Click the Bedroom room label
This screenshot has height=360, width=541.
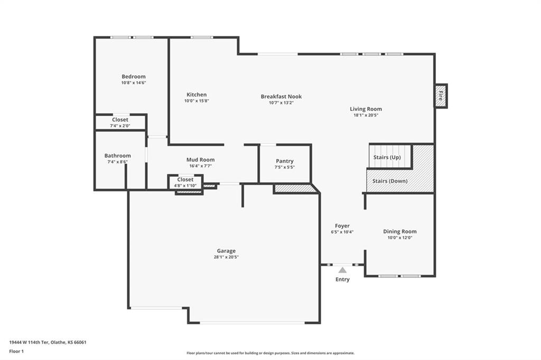pos(133,77)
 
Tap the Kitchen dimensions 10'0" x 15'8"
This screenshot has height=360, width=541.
pos(197,101)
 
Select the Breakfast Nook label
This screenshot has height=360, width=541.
pos(281,97)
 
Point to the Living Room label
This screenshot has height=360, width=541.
pos(366,109)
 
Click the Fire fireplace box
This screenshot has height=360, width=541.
pos(441,96)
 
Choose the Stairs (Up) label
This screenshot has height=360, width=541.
pos(387,157)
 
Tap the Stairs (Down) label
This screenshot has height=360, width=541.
pos(390,181)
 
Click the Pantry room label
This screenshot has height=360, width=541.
pos(285,161)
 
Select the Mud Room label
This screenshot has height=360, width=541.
pos(200,159)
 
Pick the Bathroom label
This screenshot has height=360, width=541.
pos(117,156)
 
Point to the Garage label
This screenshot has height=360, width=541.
pos(226,251)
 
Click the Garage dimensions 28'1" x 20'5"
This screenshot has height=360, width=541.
pos(226,257)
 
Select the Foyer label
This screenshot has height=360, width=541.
pos(342,226)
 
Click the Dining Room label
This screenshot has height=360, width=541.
pos(399,231)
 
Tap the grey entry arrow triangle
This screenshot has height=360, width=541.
pos(342,270)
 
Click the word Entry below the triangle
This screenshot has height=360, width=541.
pos(342,279)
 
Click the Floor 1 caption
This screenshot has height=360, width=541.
pos(16,351)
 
